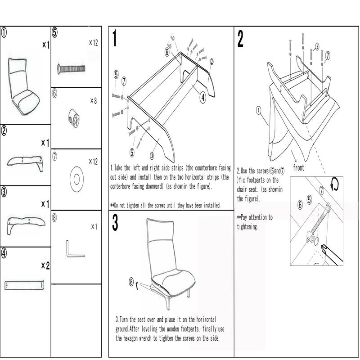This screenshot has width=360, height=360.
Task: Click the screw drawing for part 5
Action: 72,68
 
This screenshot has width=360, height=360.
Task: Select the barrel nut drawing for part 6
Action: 75,116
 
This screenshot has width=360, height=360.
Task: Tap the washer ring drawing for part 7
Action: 76,179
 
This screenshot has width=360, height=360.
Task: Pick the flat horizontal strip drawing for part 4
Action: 25,285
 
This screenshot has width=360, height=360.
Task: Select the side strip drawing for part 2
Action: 26,162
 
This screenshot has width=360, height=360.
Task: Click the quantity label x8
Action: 93,101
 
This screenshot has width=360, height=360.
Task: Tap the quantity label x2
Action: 45,265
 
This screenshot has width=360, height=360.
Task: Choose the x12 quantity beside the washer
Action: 93,161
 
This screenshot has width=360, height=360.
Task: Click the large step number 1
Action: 115,39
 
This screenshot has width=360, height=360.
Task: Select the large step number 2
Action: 240,39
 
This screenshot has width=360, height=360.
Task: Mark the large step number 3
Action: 115,223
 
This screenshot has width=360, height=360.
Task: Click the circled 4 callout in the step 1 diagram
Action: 203,96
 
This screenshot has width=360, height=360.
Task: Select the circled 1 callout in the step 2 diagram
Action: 258,109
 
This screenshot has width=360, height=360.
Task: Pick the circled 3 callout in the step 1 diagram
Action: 152,155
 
